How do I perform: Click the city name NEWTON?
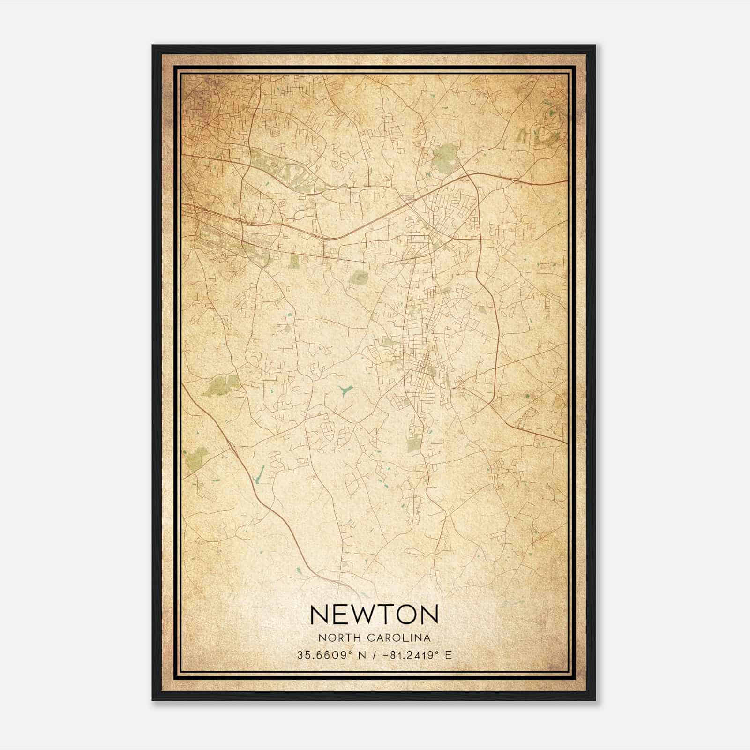tap(374, 614)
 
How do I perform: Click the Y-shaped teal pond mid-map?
tap(345, 390)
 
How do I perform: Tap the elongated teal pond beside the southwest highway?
tap(257, 475)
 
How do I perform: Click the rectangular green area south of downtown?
tap(414, 442)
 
